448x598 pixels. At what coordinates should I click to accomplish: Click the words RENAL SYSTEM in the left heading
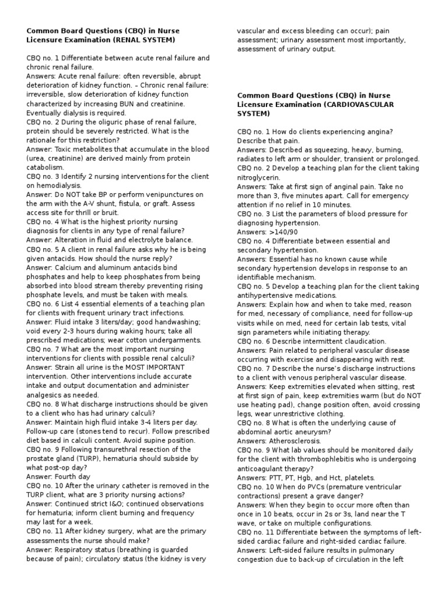146,39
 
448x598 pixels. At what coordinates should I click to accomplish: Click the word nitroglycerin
258,177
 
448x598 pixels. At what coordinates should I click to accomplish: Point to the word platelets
358,477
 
